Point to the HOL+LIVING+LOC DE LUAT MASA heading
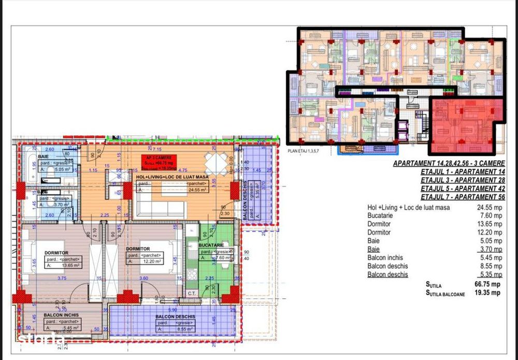[172, 177]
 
